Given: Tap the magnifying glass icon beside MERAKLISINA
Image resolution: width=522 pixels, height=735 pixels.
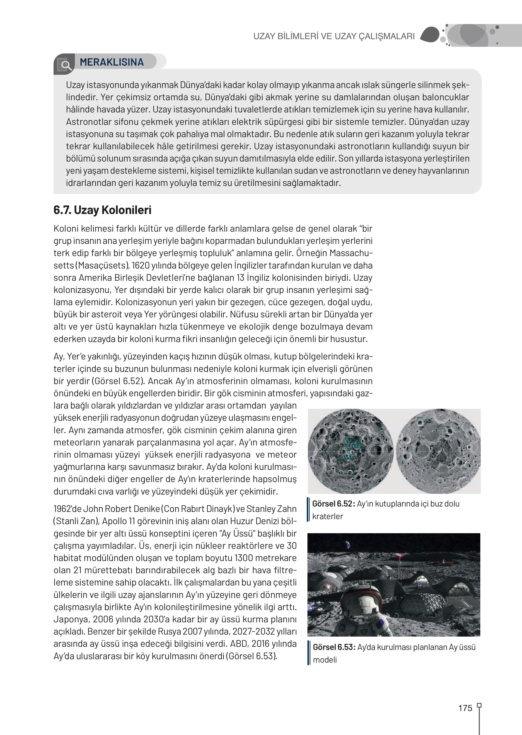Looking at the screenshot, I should point(65,65).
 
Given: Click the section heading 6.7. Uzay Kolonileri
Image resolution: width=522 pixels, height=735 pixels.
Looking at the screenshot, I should point(102,210).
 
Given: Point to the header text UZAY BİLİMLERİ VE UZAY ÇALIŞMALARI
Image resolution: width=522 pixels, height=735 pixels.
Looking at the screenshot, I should point(334,36).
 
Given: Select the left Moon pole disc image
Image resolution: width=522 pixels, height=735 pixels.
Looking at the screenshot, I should point(350,451).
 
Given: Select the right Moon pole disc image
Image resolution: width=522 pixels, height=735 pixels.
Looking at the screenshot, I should point(438,451).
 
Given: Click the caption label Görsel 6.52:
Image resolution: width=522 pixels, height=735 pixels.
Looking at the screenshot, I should point(333,504).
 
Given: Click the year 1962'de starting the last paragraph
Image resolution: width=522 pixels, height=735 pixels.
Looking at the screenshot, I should point(67,509).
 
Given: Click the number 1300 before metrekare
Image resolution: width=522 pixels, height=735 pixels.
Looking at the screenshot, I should point(245,558).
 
